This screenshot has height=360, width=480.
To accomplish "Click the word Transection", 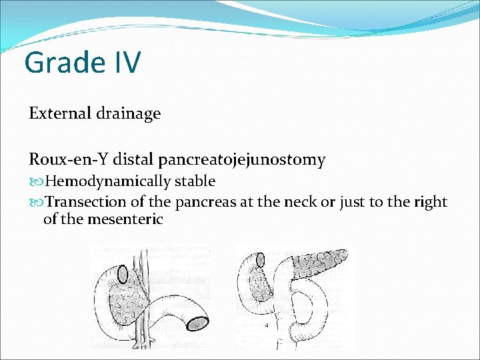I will [x=86, y=202].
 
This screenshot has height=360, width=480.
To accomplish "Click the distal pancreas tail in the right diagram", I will [x=327, y=260].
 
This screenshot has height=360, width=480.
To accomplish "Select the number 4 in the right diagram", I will [x=267, y=325].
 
